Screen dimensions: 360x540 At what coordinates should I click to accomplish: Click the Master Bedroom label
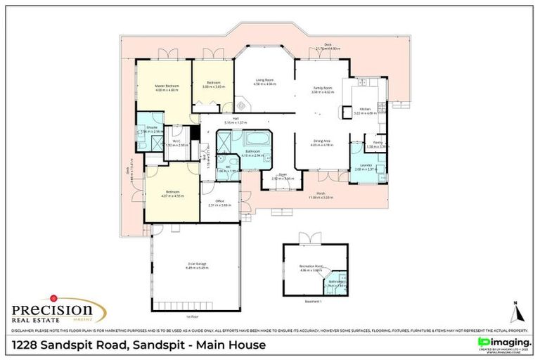coord(167,86)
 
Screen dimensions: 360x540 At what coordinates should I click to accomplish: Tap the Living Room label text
coord(264,80)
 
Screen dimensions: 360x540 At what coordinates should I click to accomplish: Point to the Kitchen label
coord(365,109)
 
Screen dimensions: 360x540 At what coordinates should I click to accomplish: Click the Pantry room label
coord(378,144)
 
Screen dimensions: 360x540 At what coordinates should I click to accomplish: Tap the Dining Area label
coord(322,141)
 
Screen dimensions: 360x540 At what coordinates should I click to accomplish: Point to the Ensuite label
coord(151,127)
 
